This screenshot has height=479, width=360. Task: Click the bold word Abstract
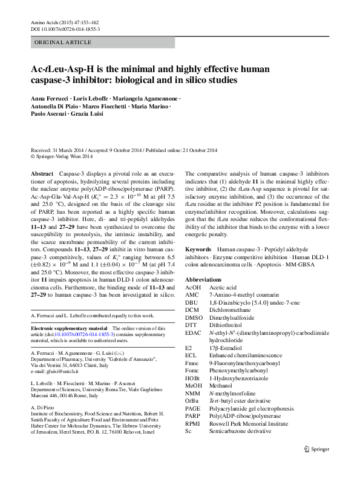click(42, 174)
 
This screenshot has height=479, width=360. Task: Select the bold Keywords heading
click(198, 249)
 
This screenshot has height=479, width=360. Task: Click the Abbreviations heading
click(204, 280)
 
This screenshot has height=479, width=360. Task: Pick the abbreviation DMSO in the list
click(194, 317)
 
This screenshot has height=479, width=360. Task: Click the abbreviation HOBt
click(193, 377)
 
